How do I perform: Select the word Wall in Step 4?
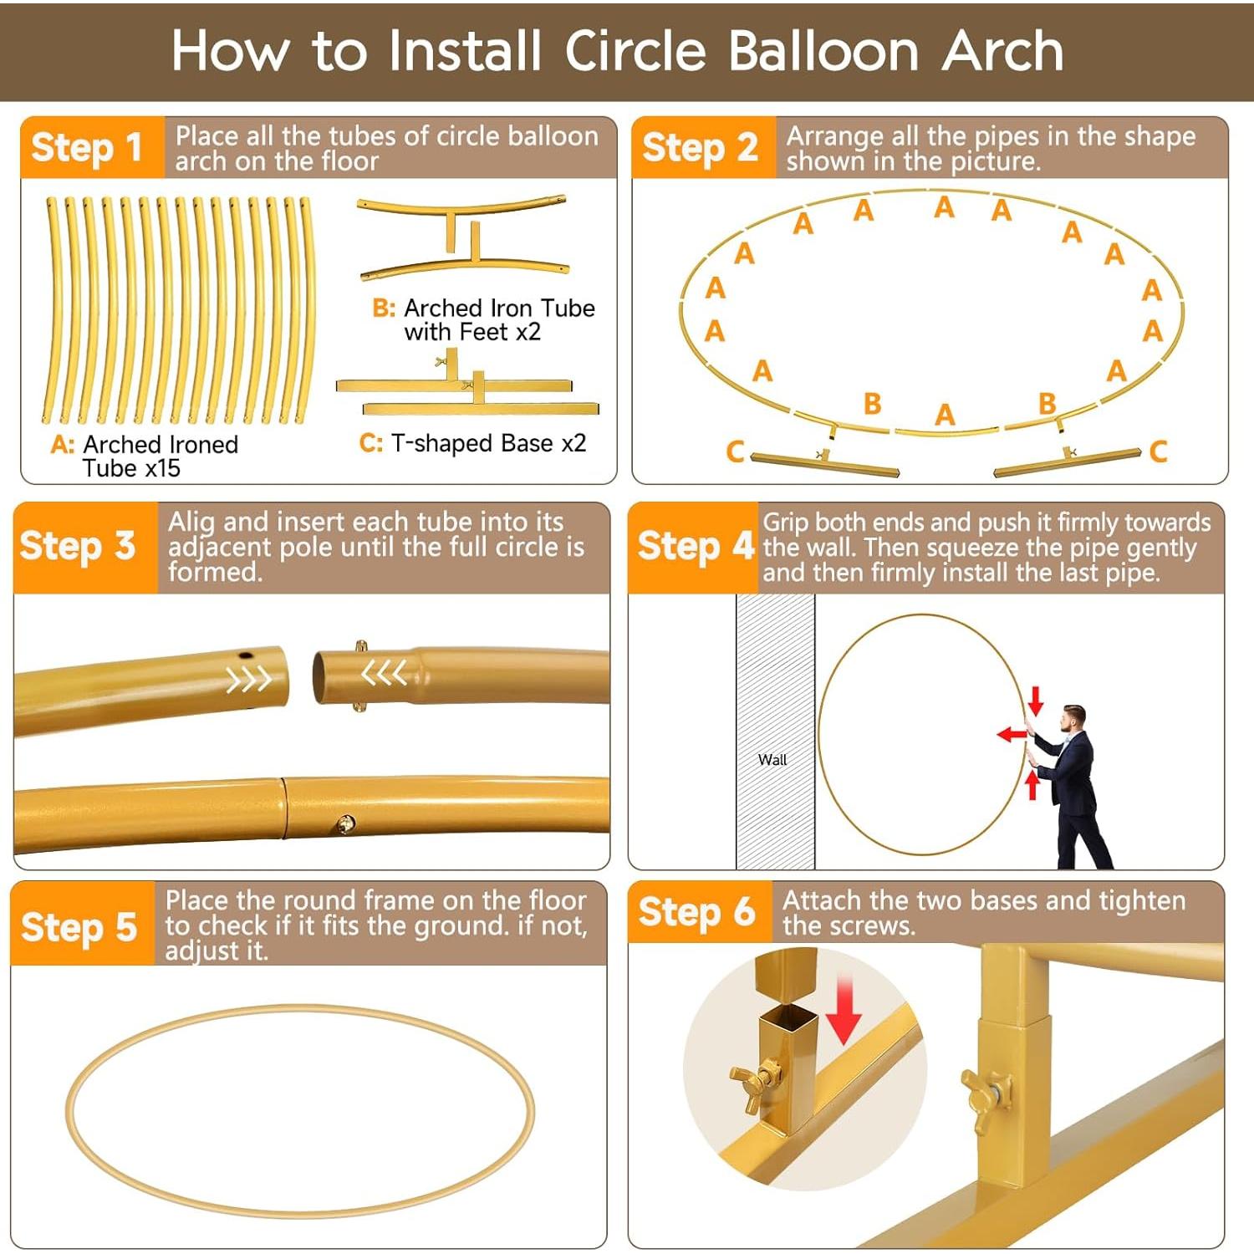point(772,760)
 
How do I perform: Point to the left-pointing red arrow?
point(1012,735)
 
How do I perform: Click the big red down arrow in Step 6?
point(844,1012)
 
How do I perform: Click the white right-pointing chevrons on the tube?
point(248,679)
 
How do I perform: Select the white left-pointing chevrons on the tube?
point(384,671)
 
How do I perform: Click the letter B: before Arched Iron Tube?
point(384,308)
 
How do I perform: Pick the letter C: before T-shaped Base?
point(370,443)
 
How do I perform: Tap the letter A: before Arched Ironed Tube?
point(63,445)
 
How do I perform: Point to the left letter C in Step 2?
point(735,451)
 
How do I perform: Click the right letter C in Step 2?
point(1158,451)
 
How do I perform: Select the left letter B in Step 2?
point(872,404)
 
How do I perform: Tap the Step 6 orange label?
point(696,912)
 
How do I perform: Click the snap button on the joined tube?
point(344,825)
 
